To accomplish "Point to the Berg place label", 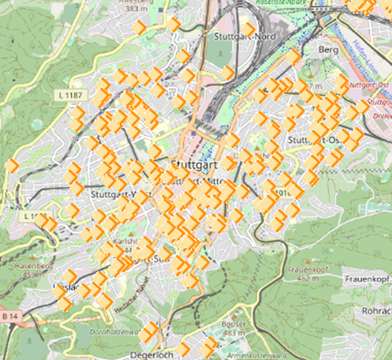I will point(328,49).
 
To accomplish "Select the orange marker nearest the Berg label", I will point(292,57).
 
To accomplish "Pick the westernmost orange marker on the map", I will point(12,165).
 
